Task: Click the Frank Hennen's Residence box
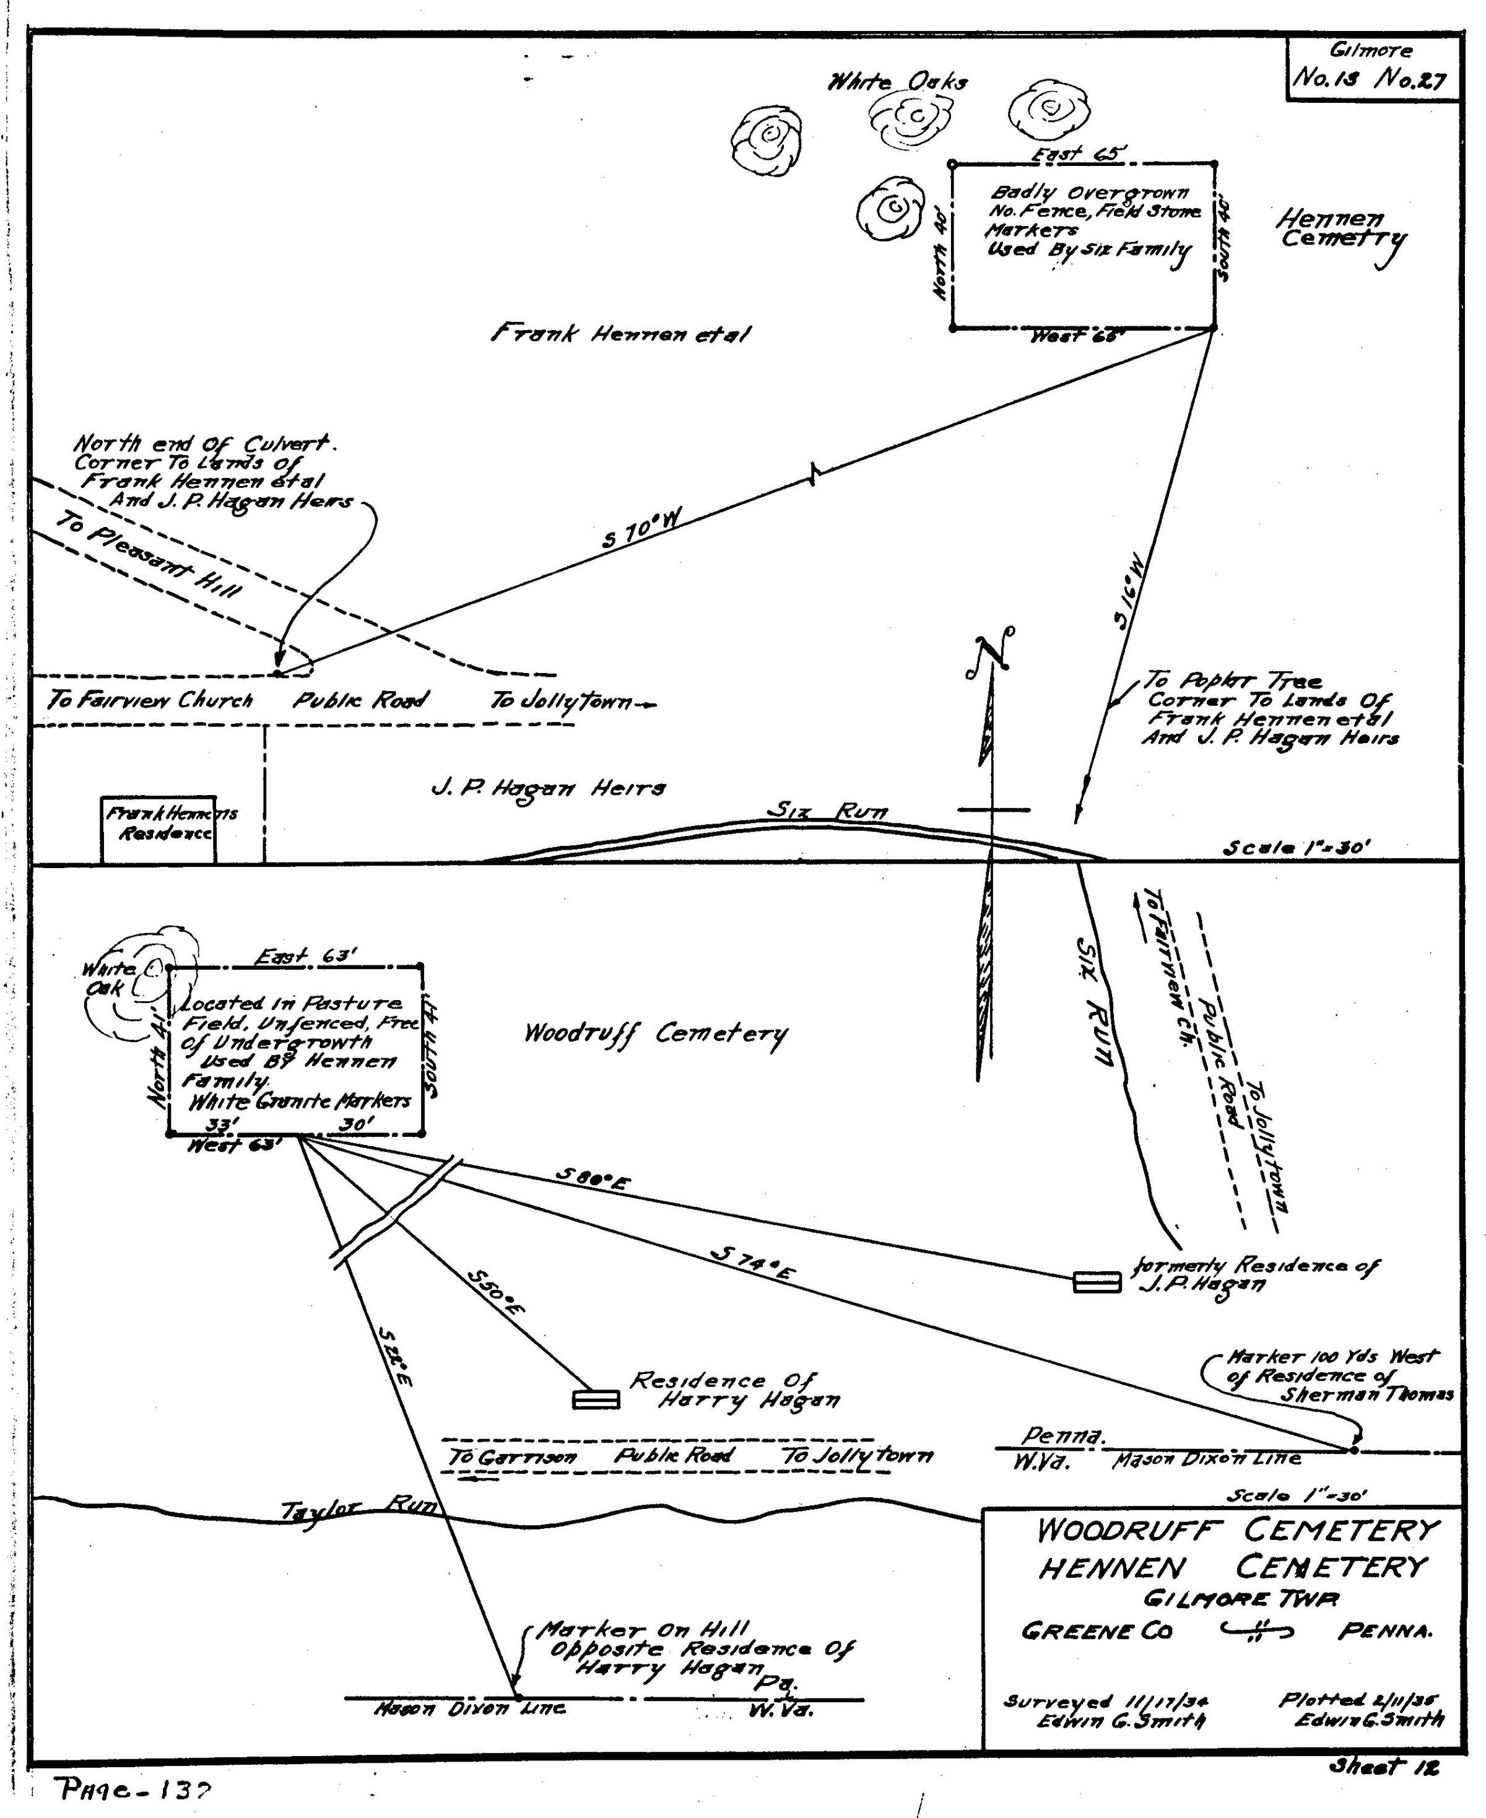[159, 829]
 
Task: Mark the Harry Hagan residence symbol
[596, 1399]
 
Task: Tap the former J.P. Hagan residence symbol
[1097, 1281]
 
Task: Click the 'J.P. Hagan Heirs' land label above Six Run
[548, 788]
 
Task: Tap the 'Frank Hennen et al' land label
[620, 334]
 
